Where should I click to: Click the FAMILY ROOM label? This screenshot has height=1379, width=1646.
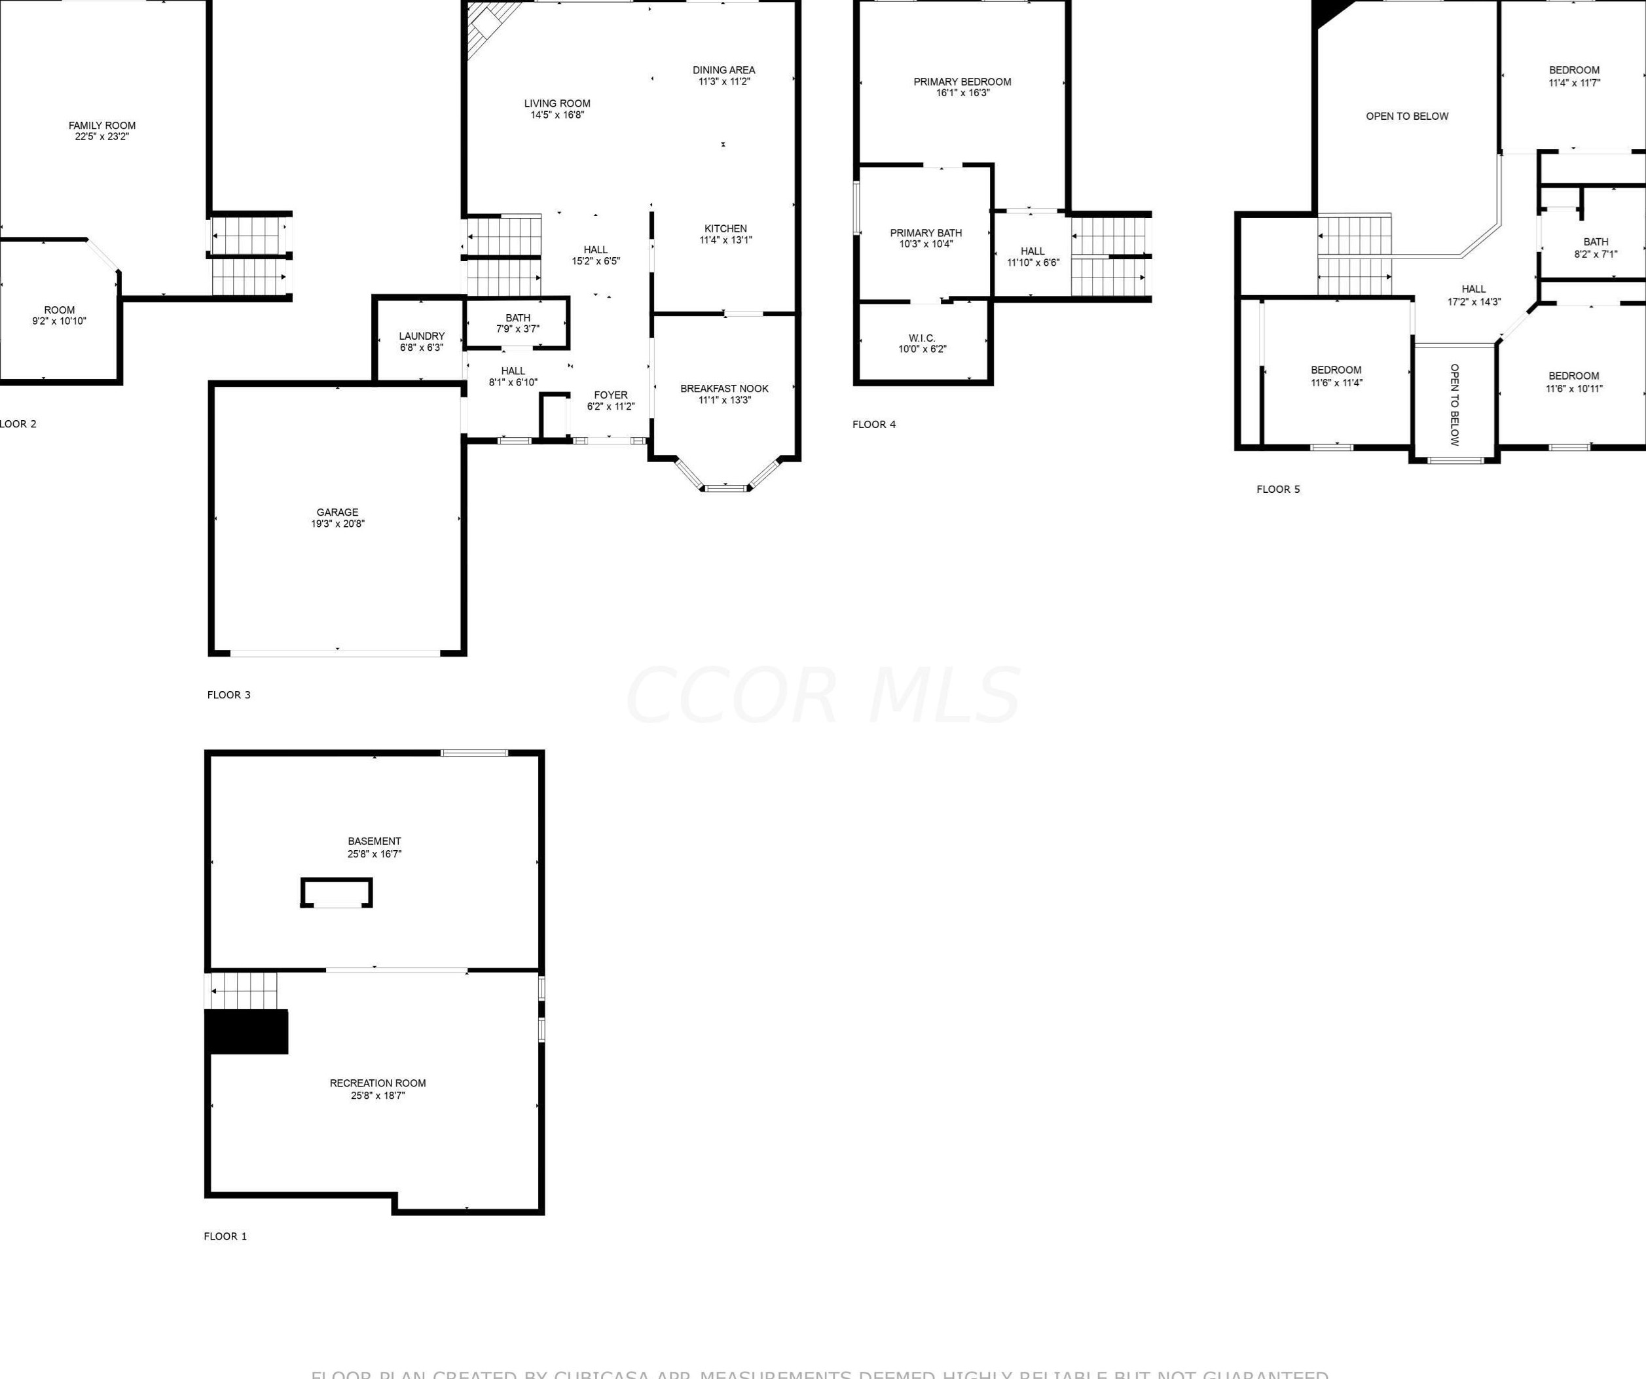pyautogui.click(x=102, y=126)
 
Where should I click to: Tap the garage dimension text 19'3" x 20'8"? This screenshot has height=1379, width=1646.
pyautogui.click(x=338, y=524)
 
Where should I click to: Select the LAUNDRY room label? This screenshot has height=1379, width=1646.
pyautogui.click(x=422, y=336)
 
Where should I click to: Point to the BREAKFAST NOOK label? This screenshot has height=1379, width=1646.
pyautogui.click(x=724, y=389)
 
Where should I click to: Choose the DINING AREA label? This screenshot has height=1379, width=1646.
pyautogui.click(x=723, y=70)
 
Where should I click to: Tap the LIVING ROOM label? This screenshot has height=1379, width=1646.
pyautogui.click(x=557, y=103)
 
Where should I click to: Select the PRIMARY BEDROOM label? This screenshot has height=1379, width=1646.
pyautogui.click(x=962, y=82)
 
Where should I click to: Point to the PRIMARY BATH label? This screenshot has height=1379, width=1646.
pyautogui.click(x=926, y=233)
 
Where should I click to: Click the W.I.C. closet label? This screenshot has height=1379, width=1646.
pyautogui.click(x=922, y=338)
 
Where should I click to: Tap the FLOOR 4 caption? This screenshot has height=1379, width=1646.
pyautogui.click(x=874, y=425)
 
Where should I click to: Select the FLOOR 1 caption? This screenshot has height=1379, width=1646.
pyautogui.click(x=226, y=1236)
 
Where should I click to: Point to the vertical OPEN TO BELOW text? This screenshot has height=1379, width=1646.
pyautogui.click(x=1455, y=404)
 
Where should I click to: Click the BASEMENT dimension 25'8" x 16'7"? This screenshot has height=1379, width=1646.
pyautogui.click(x=375, y=854)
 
